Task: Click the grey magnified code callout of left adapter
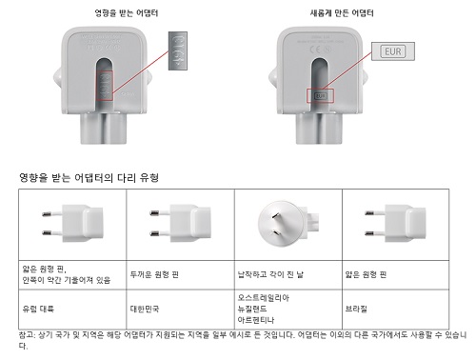tap(182, 49)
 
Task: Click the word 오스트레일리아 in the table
tap(266, 298)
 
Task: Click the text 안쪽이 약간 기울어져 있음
tap(65, 281)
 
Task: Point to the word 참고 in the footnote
tap(27, 334)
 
